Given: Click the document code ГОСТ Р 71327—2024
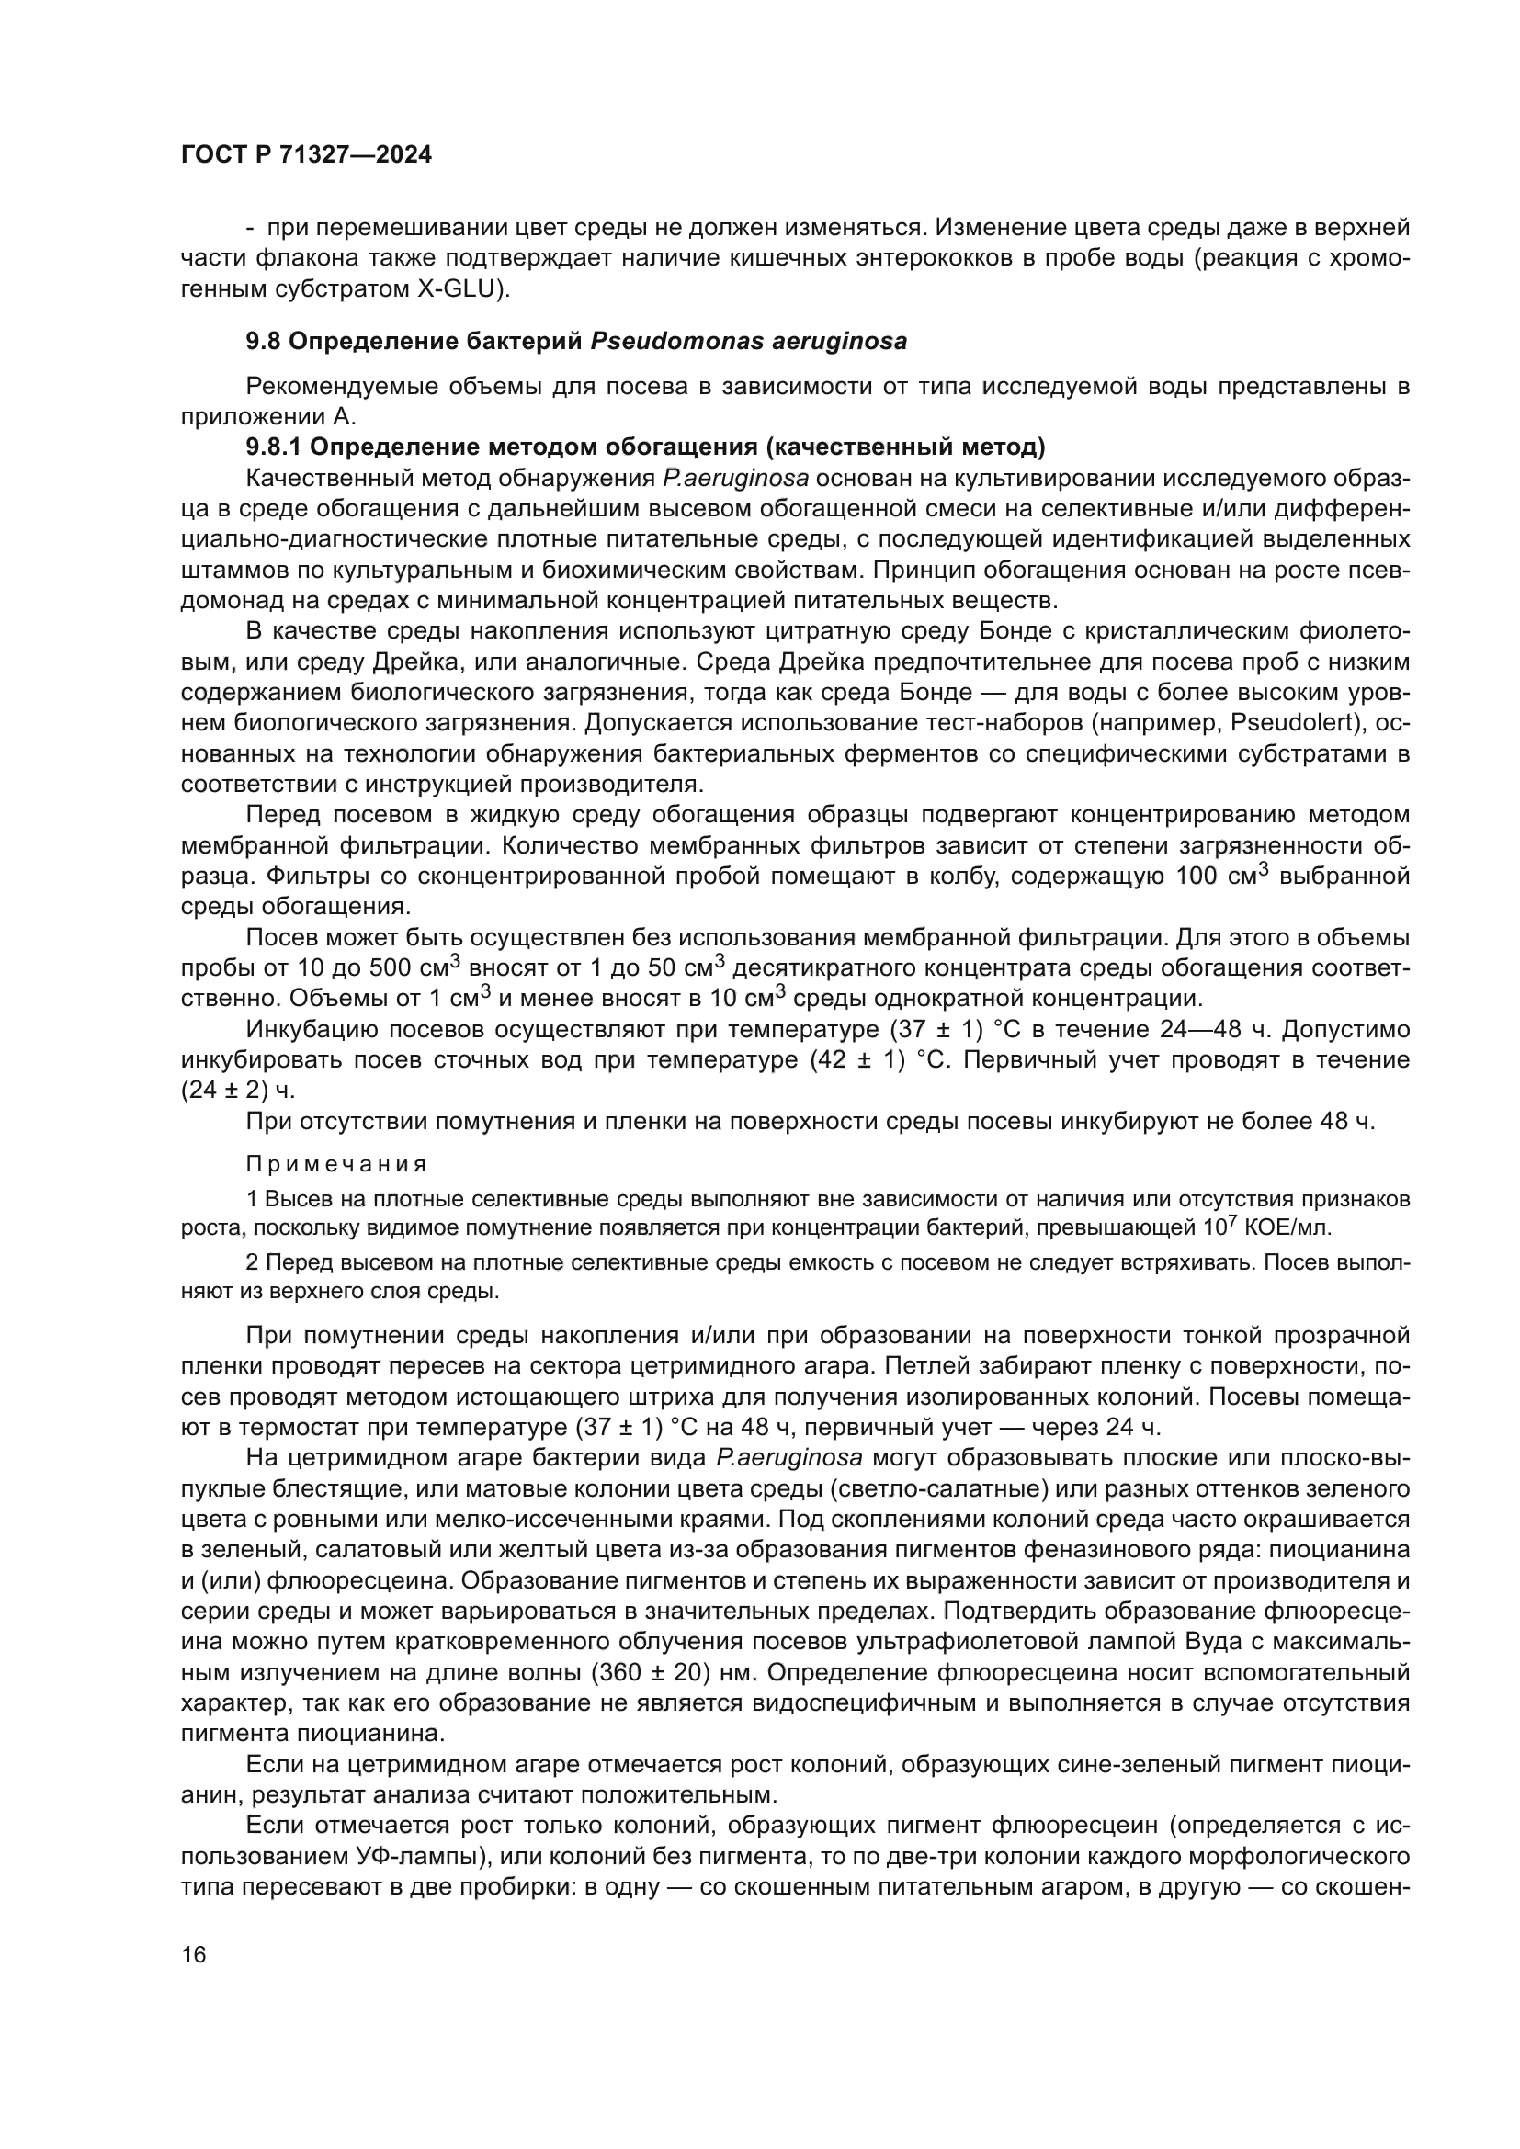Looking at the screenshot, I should tap(306, 155).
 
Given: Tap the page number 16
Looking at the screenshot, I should tap(194, 1953).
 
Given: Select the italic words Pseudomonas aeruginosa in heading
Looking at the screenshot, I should tap(749, 342).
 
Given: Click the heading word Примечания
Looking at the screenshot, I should tap(336, 1164).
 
